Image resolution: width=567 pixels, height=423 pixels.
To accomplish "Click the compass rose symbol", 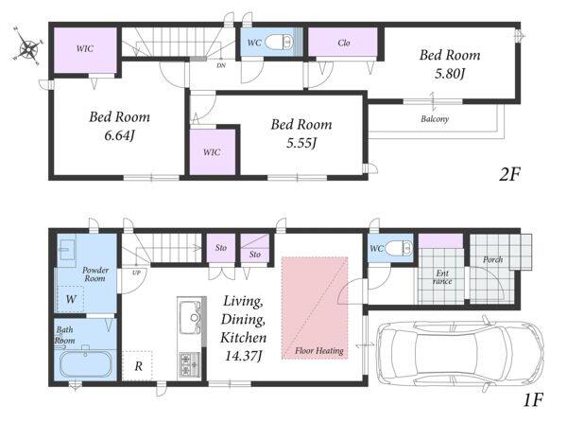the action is tap(28, 47).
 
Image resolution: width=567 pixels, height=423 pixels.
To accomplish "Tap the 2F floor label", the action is tap(509, 174).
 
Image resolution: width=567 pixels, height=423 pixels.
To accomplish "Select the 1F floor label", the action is tap(533, 400).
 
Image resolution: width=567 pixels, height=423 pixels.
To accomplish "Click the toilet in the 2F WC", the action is tap(279, 43).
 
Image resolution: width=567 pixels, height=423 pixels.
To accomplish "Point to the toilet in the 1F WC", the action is tap(399, 248).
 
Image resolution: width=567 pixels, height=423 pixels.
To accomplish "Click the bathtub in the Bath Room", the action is tap(85, 363).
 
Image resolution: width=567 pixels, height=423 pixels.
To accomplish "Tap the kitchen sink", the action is tap(191, 318).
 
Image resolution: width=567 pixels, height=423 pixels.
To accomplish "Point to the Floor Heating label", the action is tap(319, 350).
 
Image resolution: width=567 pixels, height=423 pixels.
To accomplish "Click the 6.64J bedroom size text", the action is tap(119, 136).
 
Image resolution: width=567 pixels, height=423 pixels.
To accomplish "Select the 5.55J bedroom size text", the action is tap(301, 143).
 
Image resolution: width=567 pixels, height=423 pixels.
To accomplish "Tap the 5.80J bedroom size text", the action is tap(450, 74).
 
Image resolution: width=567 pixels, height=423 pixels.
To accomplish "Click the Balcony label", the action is tap(435, 119).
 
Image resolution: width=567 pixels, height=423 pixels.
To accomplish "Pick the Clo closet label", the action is tap(344, 43).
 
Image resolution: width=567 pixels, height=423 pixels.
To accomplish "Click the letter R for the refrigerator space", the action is tap(139, 366).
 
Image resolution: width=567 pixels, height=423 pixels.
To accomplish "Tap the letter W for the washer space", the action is tap(71, 299).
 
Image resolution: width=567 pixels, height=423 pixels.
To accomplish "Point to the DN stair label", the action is tap(221, 66).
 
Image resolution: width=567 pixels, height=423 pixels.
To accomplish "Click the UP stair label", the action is tap(136, 273).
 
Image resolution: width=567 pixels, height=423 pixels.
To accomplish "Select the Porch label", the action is tap(493, 259).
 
